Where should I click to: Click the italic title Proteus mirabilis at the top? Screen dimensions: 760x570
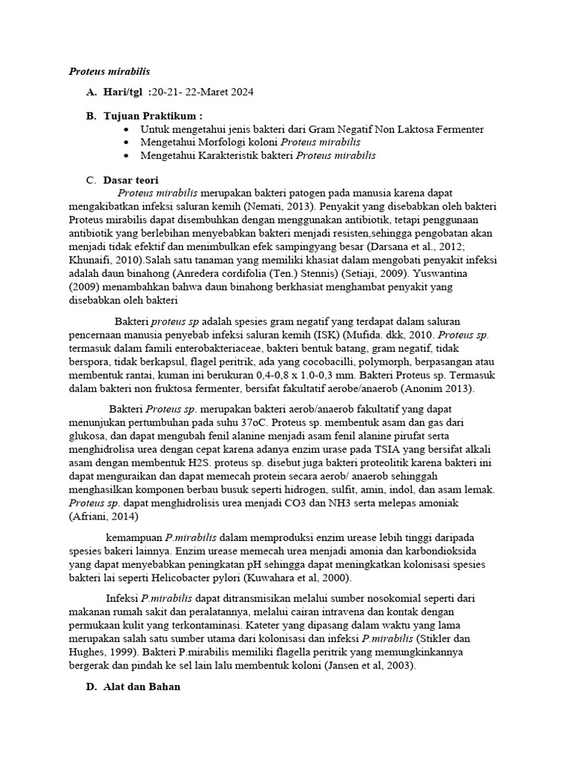coord(109,71)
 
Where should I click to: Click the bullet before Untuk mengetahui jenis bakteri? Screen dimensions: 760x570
coord(129,129)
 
